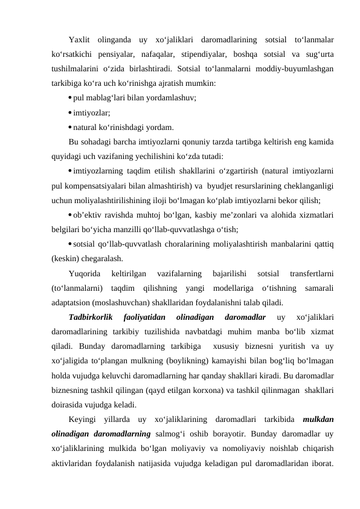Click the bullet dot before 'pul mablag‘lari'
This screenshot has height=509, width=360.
(x=71, y=97)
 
